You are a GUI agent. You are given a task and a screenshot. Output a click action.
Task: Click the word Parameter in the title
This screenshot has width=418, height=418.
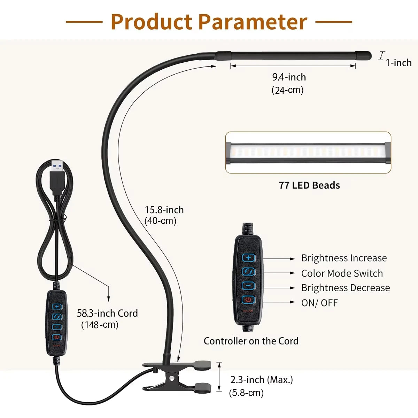[x=253, y=22]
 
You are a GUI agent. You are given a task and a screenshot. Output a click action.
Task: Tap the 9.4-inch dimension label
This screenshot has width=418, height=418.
[x=289, y=77]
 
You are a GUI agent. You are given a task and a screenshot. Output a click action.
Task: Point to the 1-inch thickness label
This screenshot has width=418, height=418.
[x=398, y=63]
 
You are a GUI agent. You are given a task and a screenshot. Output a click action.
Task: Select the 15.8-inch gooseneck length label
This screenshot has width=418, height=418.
[x=164, y=210]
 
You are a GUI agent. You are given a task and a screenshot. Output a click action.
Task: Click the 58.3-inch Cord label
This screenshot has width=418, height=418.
[x=107, y=313]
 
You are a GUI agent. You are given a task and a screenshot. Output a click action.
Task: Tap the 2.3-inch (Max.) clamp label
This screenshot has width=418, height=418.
[x=262, y=379]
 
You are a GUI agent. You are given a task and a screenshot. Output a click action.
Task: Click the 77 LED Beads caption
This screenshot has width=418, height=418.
[x=309, y=185]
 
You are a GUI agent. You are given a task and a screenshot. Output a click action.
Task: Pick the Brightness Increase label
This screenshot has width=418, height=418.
[x=344, y=258]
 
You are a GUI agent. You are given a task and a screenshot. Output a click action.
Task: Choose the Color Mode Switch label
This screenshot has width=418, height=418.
[x=342, y=273]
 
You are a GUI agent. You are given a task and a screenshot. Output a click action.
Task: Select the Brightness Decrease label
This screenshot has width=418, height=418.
[x=345, y=288]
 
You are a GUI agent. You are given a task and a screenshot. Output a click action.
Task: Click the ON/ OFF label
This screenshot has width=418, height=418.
[x=319, y=303]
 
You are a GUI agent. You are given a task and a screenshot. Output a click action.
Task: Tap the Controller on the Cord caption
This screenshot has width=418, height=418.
[x=251, y=341]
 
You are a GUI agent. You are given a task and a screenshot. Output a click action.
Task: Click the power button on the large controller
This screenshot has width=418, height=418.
[x=248, y=300]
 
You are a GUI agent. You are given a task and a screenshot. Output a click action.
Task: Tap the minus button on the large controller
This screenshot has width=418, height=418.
[x=248, y=286]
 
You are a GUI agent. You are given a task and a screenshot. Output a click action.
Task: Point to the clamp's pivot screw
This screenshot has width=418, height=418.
[x=172, y=378]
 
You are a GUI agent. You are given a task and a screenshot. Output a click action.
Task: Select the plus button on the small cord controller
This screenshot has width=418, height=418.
[x=57, y=307]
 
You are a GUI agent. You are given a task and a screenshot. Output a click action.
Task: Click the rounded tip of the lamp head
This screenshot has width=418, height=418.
[x=366, y=55]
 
